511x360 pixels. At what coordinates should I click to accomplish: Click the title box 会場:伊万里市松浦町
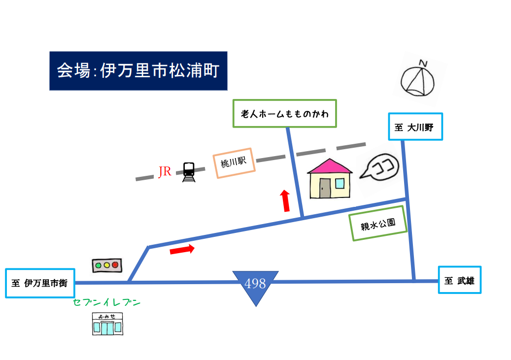tap(138, 71)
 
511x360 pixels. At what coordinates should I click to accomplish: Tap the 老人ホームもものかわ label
tap(284, 113)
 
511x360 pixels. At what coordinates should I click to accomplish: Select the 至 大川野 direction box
tap(415, 127)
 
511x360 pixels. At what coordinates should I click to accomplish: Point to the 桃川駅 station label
tap(234, 163)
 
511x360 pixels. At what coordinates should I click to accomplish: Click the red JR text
tap(165, 171)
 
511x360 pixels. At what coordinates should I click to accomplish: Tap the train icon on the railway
tap(189, 172)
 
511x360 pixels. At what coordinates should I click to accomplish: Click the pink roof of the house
tap(330, 166)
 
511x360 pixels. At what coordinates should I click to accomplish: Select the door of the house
tap(325, 188)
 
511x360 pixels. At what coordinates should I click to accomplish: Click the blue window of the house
tap(340, 183)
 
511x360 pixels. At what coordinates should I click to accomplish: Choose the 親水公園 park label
tap(378, 224)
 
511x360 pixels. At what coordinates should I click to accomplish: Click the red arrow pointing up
tap(285, 201)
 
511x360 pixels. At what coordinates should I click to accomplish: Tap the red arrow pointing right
tap(182, 250)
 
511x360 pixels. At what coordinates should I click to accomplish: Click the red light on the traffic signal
tap(115, 265)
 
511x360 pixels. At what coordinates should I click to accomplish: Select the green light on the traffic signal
tap(98, 265)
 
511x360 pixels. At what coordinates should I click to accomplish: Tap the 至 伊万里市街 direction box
tap(40, 283)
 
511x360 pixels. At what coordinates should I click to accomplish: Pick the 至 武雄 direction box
tap(460, 280)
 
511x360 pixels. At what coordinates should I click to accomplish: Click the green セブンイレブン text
tap(106, 302)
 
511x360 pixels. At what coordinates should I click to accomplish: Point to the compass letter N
tap(423, 63)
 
